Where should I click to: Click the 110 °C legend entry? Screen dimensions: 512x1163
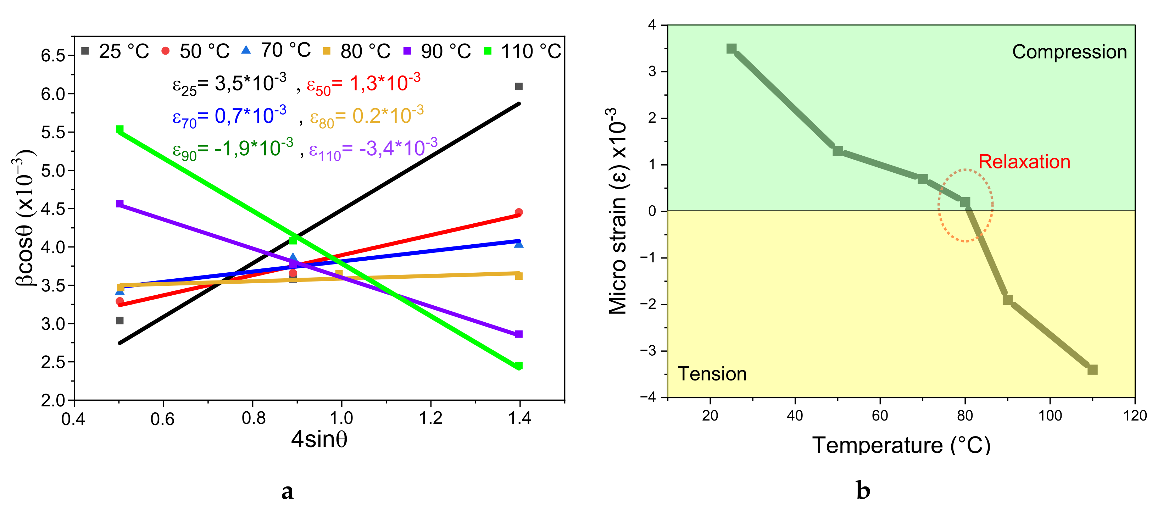click(524, 51)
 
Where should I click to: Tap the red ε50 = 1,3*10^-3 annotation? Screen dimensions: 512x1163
click(363, 84)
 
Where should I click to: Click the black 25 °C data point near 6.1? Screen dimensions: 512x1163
click(519, 86)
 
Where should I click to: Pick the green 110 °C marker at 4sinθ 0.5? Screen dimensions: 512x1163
click(119, 129)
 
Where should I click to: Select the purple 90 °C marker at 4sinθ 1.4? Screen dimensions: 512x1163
click(519, 334)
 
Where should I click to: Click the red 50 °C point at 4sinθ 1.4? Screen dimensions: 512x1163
click(519, 212)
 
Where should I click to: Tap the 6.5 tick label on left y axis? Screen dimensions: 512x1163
click(53, 56)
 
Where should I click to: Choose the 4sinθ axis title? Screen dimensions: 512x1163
click(319, 439)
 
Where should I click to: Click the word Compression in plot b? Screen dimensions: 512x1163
click(1069, 52)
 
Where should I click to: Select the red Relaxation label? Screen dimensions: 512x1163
click(1024, 162)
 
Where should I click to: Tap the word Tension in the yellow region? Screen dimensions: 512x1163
click(712, 374)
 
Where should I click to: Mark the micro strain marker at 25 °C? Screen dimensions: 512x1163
click(731, 49)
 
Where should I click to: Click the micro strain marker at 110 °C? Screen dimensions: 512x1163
click(1092, 370)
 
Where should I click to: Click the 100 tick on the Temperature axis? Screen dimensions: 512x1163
click(1050, 415)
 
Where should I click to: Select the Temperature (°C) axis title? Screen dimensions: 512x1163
click(901, 446)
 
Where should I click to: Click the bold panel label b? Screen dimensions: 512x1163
click(863, 491)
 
